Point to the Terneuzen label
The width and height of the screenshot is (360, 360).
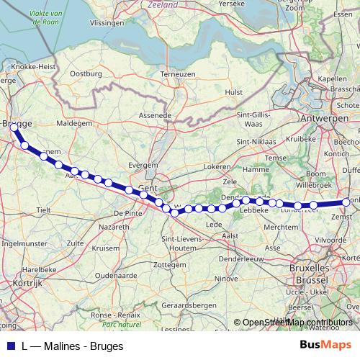tap(178, 74)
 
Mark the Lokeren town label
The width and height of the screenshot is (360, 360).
tap(217, 166)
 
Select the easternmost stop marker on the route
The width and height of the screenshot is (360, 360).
tap(346, 202)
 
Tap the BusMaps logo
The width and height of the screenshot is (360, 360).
tap(325, 346)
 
